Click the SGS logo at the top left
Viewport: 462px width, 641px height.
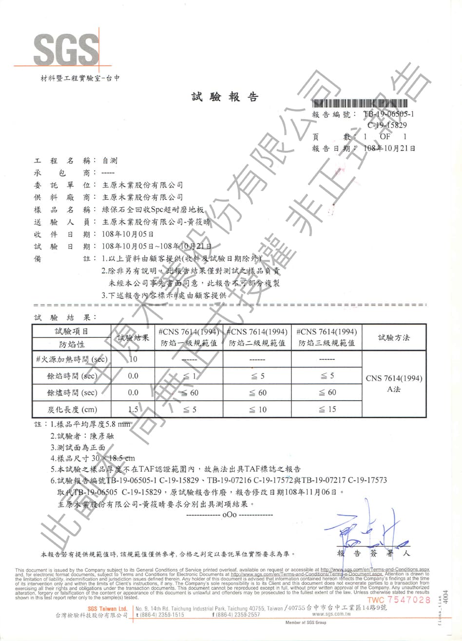pos(65,49)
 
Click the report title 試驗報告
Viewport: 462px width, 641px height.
pos(225,97)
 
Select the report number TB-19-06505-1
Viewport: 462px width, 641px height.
pos(388,115)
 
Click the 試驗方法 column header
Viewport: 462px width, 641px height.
pos(394,337)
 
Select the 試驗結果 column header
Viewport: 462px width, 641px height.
pos(133,338)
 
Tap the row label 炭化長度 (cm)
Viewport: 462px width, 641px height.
pos(72,409)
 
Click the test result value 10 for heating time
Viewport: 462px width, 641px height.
pos(133,359)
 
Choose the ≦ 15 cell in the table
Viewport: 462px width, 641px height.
pos(327,409)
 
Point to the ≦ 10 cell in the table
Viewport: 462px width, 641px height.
pos(257,409)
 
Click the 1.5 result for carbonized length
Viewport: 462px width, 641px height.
pos(133,409)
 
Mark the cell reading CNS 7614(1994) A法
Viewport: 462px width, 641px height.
pos(394,384)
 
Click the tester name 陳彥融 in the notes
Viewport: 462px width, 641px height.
pos(101,436)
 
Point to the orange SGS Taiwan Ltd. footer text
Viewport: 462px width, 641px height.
pos(107,608)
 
